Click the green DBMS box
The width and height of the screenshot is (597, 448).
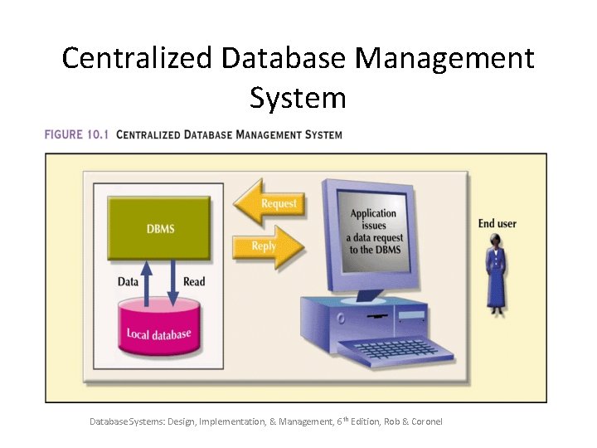pyautogui.click(x=160, y=227)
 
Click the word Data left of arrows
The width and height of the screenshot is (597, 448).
pyautogui.click(x=128, y=282)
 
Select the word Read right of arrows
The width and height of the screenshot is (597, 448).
pyautogui.click(x=194, y=282)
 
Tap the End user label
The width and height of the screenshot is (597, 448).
pyautogui.click(x=498, y=223)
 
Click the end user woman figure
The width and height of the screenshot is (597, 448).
pyautogui.click(x=497, y=274)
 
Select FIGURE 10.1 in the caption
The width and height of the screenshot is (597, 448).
pyautogui.click(x=77, y=134)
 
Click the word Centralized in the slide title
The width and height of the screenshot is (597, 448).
pyautogui.click(x=137, y=59)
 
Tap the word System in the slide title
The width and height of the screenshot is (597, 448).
pyautogui.click(x=297, y=99)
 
